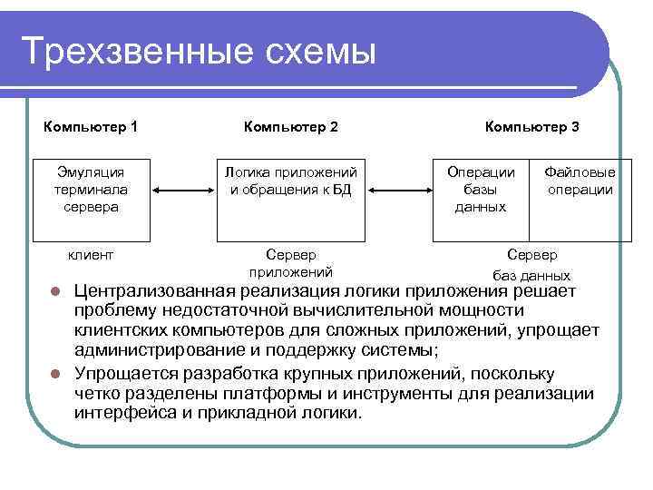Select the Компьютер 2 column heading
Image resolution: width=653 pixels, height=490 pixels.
[x=291, y=127]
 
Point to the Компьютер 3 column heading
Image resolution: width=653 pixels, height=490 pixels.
[x=531, y=127]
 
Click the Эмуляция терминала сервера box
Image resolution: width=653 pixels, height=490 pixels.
[x=92, y=190]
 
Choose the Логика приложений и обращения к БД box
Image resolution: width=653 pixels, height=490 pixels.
[x=291, y=190]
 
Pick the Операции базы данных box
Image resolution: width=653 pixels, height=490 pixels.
[x=481, y=190]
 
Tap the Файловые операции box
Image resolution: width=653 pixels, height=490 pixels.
[x=580, y=190]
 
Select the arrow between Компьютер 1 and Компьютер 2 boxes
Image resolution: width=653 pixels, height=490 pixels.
[x=183, y=191]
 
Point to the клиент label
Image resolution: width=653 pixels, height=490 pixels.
[x=92, y=256]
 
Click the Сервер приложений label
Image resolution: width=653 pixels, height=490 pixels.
[x=290, y=264]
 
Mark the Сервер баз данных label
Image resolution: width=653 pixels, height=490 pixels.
[x=531, y=265]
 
